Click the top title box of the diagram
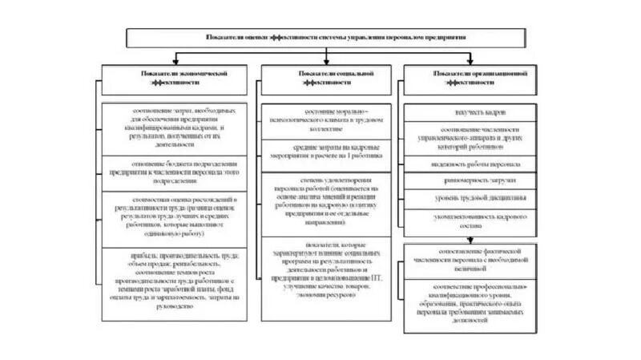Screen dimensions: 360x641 point(336,38)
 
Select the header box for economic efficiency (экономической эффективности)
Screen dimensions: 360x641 point(174,78)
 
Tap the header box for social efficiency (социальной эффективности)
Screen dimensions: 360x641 point(329,78)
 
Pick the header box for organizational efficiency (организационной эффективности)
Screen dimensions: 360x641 point(478,78)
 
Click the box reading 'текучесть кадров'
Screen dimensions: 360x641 point(478,112)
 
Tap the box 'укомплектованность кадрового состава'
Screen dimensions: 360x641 point(478,221)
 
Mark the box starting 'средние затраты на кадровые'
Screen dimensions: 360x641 point(329,151)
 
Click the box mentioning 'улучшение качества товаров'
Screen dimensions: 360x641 point(329,269)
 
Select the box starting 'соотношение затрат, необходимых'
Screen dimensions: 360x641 point(174,127)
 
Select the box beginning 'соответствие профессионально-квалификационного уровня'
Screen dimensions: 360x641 point(478,302)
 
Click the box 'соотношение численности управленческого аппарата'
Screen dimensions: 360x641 point(478,138)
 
